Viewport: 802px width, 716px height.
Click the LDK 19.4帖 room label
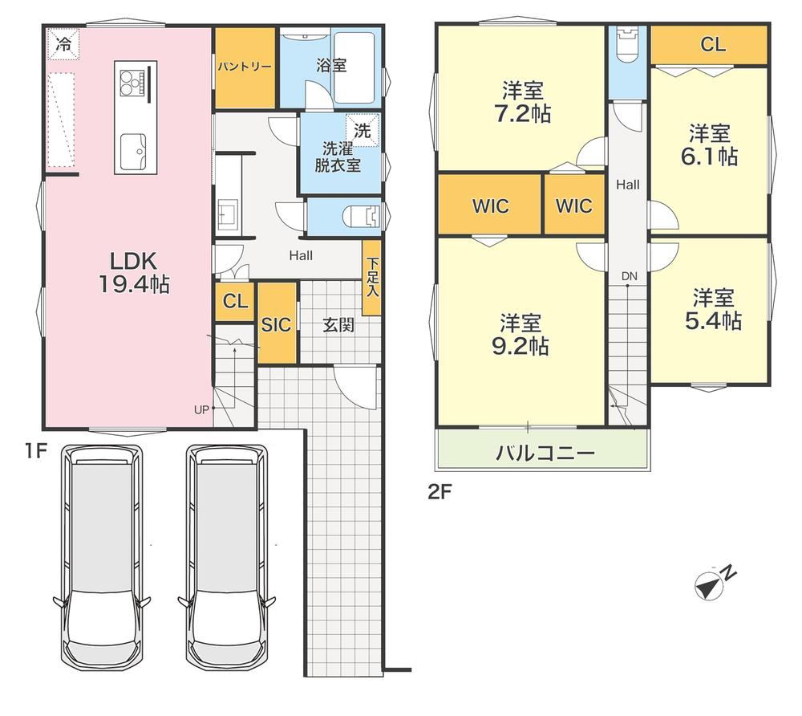(134, 273)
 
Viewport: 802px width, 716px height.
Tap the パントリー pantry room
(245, 67)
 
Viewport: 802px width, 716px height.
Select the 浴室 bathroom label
(331, 66)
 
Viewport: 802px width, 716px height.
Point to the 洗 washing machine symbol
(363, 130)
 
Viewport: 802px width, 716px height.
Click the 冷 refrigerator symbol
(63, 44)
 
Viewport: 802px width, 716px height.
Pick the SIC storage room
(276, 323)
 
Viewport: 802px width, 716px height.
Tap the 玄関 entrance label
(338, 324)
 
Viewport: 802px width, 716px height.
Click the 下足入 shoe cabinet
(372, 277)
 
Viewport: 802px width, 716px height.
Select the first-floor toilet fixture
(362, 215)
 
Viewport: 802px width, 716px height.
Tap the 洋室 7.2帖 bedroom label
(522, 102)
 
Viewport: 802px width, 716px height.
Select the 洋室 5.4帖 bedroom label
(713, 309)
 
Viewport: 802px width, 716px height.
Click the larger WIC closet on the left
(489, 205)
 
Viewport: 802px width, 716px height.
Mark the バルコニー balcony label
(545, 453)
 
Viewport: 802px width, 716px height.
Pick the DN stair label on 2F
(629, 276)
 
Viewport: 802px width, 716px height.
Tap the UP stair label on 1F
(201, 409)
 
